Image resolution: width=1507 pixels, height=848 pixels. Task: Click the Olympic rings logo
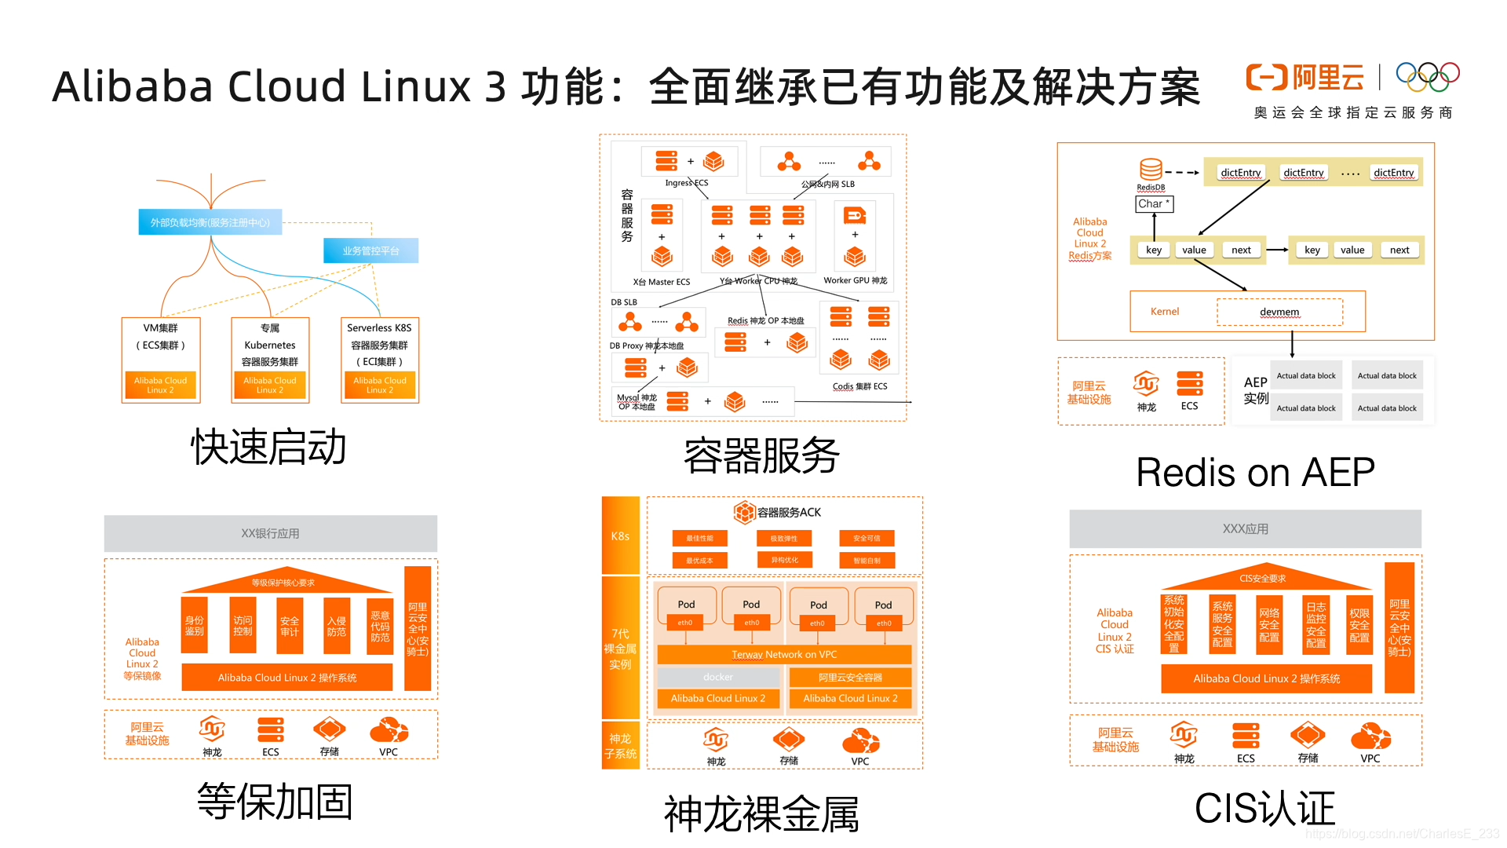(x=1427, y=76)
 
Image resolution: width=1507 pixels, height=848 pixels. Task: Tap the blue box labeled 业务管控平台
(x=370, y=250)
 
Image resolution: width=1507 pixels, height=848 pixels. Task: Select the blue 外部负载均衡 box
(x=210, y=222)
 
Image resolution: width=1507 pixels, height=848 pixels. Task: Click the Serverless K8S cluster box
(x=380, y=360)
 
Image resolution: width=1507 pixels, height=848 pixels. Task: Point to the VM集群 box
(x=161, y=360)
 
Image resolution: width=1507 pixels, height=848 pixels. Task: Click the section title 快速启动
(x=268, y=448)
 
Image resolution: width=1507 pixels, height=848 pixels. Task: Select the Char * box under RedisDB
(x=1154, y=204)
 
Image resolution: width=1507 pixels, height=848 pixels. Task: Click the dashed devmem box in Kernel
(x=1279, y=312)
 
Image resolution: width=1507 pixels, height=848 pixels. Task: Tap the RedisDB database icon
(x=1151, y=170)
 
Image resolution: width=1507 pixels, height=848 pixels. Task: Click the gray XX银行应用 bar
(x=270, y=533)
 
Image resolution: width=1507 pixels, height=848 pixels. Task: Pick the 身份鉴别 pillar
(x=195, y=626)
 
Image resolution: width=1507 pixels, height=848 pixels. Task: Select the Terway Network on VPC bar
(x=784, y=654)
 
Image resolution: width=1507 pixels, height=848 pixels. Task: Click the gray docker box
(x=718, y=677)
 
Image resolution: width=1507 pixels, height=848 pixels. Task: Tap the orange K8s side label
(x=620, y=535)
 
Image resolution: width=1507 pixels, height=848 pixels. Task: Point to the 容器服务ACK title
(x=778, y=512)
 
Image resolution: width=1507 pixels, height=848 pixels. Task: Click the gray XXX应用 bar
(x=1245, y=528)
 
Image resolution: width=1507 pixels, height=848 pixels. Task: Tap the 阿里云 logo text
(x=1328, y=78)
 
